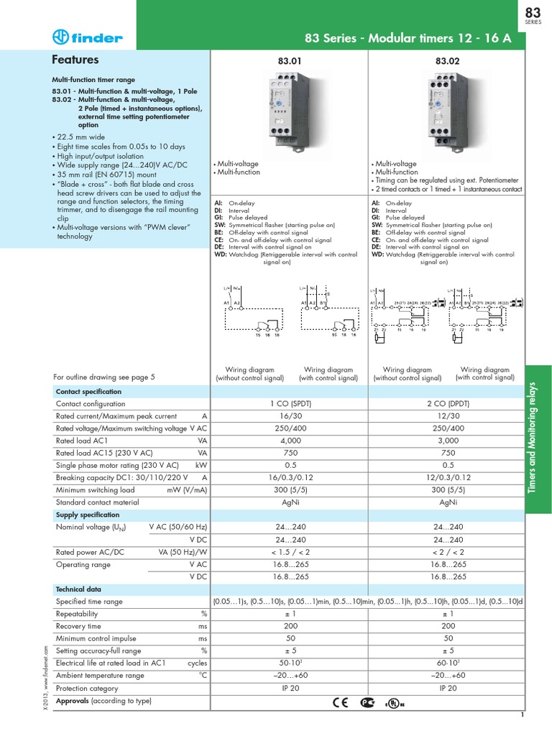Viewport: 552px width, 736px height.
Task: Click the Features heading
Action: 75,60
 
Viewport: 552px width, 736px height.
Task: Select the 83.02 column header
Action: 446,62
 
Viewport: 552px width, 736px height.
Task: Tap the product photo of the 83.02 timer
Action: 446,108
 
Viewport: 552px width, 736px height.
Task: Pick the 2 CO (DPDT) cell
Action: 448,404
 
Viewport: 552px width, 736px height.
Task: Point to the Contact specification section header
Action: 89,392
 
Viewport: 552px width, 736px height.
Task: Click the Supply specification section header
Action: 88,515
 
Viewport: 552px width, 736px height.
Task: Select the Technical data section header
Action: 80,589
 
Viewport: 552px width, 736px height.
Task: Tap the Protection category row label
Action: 87,688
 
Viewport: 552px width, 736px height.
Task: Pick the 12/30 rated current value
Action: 448,416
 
